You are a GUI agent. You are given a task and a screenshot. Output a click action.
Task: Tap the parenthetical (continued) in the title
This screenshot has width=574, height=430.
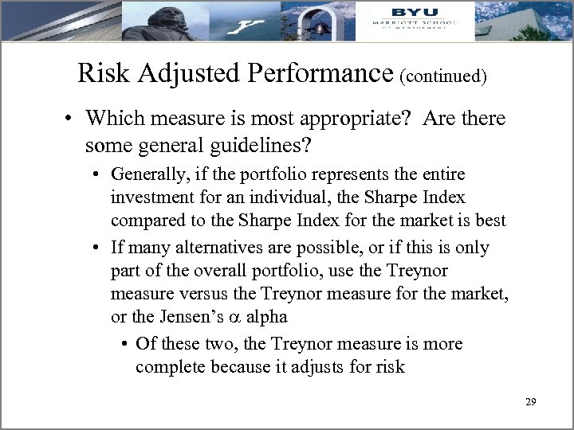point(443,76)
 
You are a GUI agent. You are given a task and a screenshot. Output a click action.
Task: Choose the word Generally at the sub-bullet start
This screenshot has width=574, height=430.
point(149,174)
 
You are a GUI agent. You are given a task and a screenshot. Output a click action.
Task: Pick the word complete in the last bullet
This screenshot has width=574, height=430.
point(168,368)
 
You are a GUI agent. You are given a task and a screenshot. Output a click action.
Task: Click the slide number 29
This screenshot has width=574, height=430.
point(531,403)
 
